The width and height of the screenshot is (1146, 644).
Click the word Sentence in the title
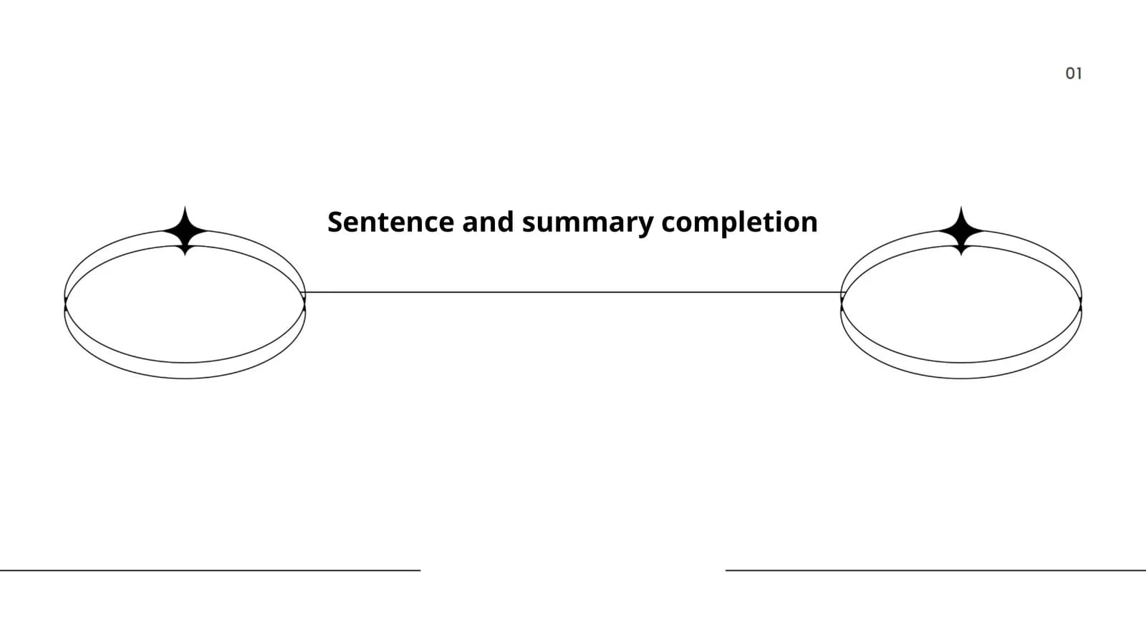(391, 222)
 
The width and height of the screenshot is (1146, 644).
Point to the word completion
(739, 223)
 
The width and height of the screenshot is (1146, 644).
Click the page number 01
(1074, 74)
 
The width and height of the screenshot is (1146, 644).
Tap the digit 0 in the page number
(1070, 74)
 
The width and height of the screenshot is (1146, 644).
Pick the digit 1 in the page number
(1079, 74)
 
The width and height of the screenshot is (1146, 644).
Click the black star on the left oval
(186, 231)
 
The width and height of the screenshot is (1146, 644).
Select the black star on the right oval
(961, 231)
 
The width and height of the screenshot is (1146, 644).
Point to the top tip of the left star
(186, 207)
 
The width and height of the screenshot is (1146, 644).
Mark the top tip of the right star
(961, 207)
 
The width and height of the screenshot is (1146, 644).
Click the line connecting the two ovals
(573, 293)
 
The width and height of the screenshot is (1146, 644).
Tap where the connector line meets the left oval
(305, 293)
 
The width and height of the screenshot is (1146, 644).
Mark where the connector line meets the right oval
(842, 293)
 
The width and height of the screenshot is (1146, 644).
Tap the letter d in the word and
(505, 221)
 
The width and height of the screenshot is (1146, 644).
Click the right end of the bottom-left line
(420, 570)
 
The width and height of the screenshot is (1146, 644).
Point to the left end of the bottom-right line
(726, 570)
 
